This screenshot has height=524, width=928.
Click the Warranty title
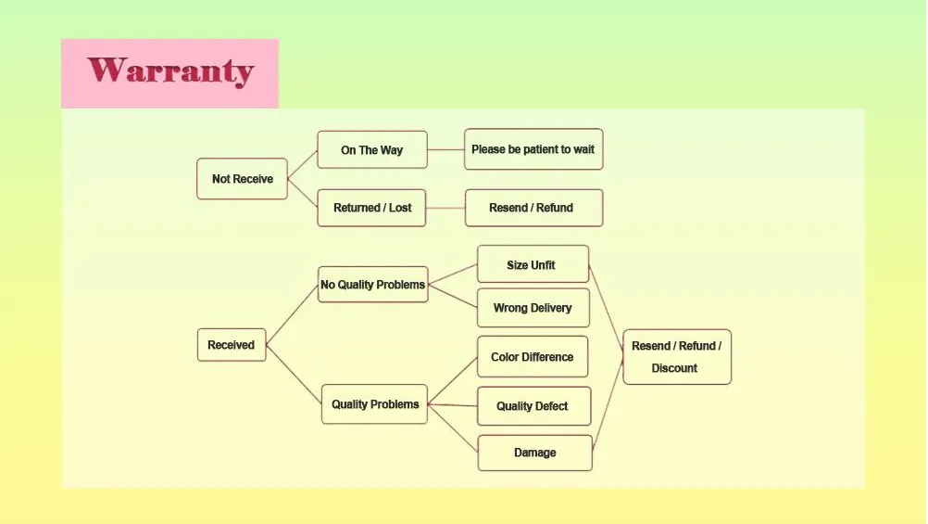pos(170,71)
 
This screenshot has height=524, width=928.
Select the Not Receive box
pos(242,178)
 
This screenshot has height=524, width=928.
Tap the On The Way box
pos(372,150)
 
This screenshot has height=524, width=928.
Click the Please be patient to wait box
pos(533,149)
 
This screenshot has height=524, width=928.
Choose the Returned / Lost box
pos(371,208)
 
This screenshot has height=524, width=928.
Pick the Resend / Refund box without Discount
pos(533,208)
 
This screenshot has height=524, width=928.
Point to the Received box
pos(232,345)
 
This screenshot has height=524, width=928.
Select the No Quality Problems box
pos(373,285)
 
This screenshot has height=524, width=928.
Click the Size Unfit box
pos(533,264)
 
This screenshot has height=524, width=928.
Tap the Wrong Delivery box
pos(533,308)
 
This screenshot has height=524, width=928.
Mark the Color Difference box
pos(533,357)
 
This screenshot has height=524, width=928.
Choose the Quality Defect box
pos(533,406)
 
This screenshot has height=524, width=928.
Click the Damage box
pos(535,453)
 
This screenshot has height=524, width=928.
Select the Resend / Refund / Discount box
pos(677,357)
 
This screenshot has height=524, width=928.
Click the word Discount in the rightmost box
pos(674,368)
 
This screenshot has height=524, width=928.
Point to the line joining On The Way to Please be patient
pos(445,149)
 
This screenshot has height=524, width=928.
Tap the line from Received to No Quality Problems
pos(292,314)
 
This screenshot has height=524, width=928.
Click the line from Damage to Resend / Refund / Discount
pos(608,399)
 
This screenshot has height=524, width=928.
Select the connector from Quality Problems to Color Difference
pos(452,380)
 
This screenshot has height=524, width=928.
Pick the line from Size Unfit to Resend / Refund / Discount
pos(606,306)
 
